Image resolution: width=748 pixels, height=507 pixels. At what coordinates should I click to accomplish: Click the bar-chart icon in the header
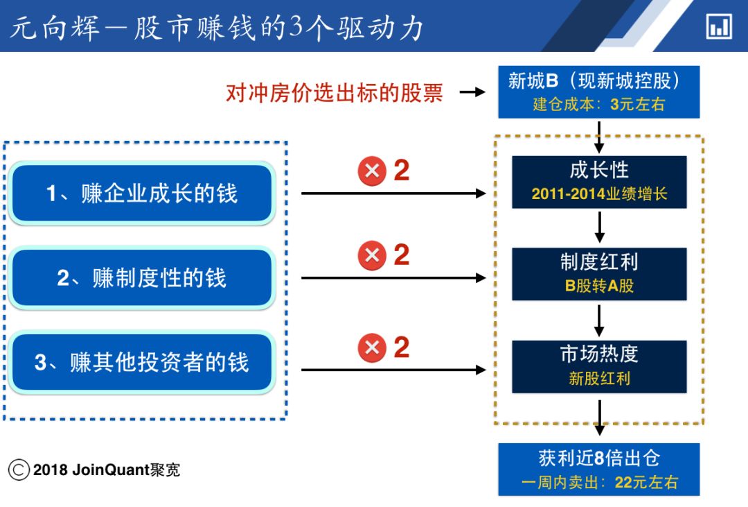point(718,27)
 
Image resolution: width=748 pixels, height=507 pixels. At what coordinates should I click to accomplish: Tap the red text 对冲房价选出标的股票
point(334,92)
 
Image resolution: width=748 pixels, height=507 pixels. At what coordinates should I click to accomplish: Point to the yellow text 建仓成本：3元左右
point(598,105)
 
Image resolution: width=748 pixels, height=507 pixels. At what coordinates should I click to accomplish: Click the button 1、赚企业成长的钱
point(141,193)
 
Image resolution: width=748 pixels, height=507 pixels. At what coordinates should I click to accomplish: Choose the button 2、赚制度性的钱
point(141,278)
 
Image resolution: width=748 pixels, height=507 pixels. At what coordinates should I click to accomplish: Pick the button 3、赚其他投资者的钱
point(141,363)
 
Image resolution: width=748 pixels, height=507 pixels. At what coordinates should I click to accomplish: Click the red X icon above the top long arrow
point(372,171)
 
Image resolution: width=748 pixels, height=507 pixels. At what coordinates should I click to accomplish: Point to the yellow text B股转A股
point(599,286)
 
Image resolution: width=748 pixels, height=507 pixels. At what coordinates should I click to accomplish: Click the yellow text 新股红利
point(599,379)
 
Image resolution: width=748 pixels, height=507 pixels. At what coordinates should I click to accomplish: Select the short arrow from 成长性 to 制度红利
point(600,227)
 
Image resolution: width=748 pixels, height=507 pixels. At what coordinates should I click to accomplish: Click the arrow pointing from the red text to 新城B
point(472,92)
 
